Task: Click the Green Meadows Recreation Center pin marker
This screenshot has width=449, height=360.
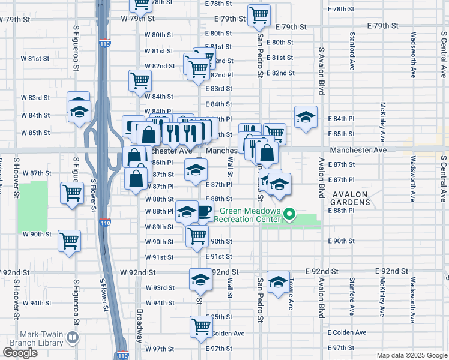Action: [x=289, y=214]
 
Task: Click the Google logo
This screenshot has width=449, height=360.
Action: [x=20, y=353]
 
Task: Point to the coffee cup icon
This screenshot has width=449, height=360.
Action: [x=205, y=211]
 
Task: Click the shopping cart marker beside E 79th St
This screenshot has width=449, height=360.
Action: [x=259, y=15]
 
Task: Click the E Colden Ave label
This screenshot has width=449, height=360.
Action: [x=347, y=333]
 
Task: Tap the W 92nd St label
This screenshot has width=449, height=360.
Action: [x=137, y=272]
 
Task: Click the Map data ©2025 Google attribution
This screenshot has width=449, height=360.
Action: [x=411, y=355]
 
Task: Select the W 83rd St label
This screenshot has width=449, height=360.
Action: [x=35, y=97]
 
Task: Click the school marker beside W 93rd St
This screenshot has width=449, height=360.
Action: [x=200, y=279]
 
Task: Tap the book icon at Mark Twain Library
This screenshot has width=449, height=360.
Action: [x=73, y=338]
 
